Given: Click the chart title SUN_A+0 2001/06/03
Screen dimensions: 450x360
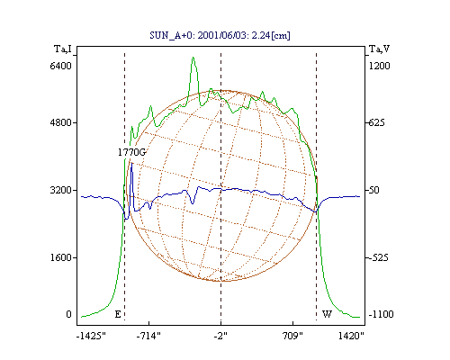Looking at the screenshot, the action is [x=220, y=35].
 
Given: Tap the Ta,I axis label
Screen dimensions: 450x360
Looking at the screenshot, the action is [x=63, y=49].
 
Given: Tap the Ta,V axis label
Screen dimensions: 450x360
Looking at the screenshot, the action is [x=379, y=49].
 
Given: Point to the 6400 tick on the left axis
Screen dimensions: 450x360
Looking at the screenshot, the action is [x=60, y=66].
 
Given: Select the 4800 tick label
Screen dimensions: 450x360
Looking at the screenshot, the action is [x=60, y=122].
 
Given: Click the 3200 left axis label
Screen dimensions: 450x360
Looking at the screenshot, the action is [x=60, y=190].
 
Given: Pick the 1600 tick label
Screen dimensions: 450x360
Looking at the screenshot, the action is [x=60, y=257].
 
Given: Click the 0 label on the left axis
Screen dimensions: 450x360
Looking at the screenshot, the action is [x=68, y=314].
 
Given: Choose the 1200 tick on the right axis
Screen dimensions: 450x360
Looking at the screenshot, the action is [x=379, y=66].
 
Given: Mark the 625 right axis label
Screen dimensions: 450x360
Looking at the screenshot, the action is [x=376, y=122].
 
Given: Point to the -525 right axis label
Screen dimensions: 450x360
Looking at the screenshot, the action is [x=379, y=257].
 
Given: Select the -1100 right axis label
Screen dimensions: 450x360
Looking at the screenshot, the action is [x=381, y=314].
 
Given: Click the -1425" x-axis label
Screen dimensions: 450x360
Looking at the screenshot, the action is [x=91, y=336].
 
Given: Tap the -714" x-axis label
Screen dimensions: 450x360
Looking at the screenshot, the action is [x=148, y=336].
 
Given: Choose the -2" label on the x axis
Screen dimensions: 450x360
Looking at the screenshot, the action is [x=220, y=336].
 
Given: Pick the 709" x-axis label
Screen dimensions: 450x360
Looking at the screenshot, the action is [x=292, y=336].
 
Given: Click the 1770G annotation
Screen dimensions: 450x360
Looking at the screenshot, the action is [x=131, y=152].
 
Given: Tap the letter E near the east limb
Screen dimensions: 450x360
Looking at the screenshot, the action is [x=118, y=314].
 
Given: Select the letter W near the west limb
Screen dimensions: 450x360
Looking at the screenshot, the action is [x=327, y=314].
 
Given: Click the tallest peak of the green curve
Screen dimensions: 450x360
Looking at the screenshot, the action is [x=193, y=58].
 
